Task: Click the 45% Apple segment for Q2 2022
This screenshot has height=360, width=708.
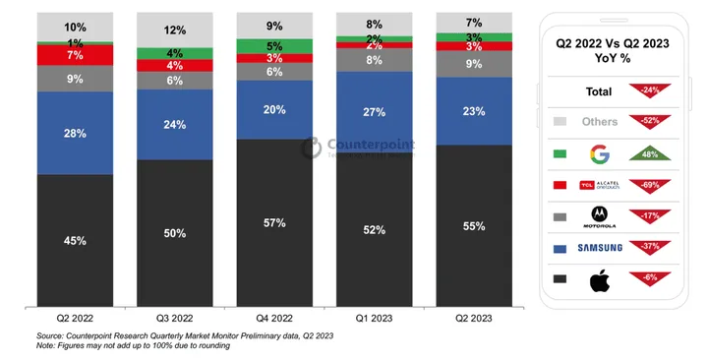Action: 76,240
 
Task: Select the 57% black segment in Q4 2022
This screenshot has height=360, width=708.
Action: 274,222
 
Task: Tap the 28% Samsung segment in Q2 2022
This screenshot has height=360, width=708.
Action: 76,133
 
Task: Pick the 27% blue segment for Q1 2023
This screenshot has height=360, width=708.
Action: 375,111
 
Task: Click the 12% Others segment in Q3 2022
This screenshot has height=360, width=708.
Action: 175,30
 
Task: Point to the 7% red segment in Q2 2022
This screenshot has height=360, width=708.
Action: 76,56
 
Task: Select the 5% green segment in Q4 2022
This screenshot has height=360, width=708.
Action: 274,46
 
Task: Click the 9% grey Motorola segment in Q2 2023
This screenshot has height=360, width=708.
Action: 474,64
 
